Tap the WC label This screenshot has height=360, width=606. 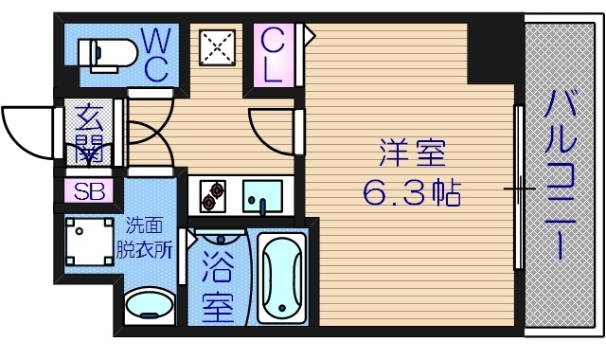coord(156,53)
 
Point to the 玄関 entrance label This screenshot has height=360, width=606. coord(91,133)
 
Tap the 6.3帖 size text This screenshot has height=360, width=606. coord(411,194)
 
